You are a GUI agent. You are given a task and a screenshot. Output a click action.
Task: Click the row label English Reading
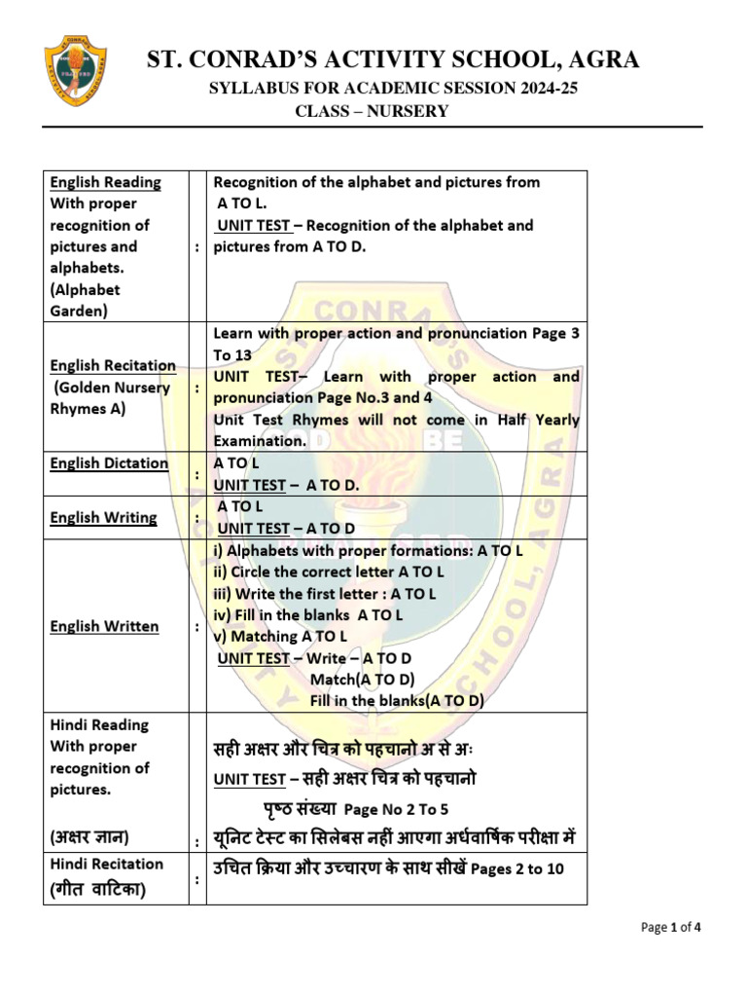tap(106, 182)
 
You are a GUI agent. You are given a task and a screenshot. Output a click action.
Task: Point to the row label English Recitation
tap(113, 365)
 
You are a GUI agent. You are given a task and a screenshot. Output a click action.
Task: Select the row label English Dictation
tap(109, 463)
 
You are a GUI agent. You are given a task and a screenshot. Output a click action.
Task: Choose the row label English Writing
tap(103, 517)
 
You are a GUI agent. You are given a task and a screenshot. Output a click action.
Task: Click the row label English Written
tap(104, 626)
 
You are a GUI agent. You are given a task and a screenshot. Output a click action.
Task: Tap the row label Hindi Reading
tap(99, 724)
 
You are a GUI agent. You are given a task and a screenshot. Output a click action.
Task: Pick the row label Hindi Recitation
tap(107, 864)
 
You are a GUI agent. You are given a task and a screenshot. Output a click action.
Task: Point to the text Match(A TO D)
tap(362, 680)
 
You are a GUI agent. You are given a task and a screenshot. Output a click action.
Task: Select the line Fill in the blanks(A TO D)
tap(397, 701)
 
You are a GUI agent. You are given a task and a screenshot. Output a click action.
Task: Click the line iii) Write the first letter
tap(325, 594)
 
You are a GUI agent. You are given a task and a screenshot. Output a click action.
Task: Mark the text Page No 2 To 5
tap(397, 809)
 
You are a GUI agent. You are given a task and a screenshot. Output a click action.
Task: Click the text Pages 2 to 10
tap(517, 868)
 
